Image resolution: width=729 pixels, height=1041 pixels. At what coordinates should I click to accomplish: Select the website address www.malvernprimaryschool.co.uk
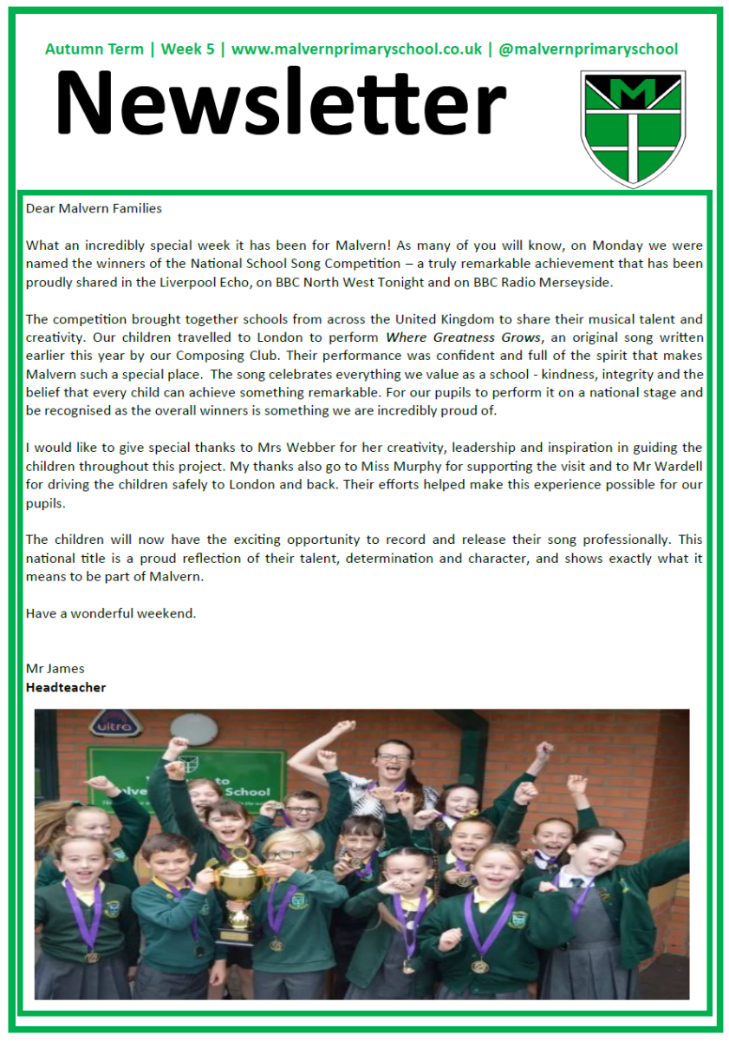pyautogui.click(x=356, y=49)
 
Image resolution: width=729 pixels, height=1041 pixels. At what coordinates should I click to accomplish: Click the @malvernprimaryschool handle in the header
pyautogui.click(x=589, y=49)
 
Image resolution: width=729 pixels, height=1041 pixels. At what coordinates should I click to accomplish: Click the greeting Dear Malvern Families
pyautogui.click(x=94, y=208)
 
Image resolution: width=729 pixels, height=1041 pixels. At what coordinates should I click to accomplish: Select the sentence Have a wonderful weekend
pyautogui.click(x=111, y=613)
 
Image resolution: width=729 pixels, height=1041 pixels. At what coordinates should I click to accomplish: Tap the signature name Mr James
pyautogui.click(x=55, y=668)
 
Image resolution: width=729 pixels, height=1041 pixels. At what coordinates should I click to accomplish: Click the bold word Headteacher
pyautogui.click(x=66, y=687)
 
